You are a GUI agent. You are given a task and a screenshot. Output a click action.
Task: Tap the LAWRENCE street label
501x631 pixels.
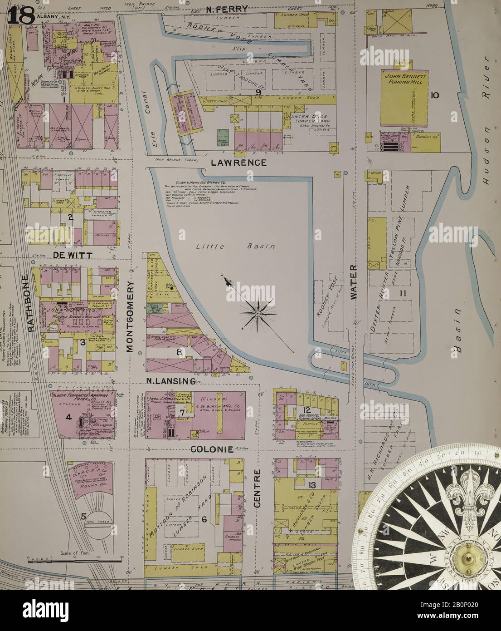235,162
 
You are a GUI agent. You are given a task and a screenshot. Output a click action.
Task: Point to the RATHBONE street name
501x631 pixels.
31,303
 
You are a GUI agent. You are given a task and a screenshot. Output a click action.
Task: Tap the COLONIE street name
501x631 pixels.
212,449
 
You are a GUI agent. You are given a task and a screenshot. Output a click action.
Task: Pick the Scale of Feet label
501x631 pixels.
72,553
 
